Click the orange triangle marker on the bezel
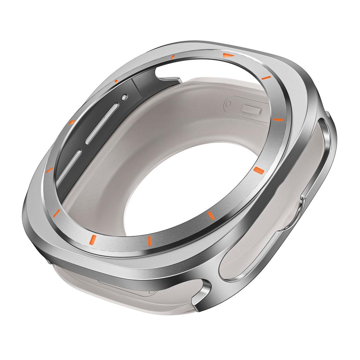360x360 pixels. pos(227,55)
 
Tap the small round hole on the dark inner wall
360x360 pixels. pos(124,97)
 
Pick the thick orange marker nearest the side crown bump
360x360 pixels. pos(259,171)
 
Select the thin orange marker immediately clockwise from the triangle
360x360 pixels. pos(266,78)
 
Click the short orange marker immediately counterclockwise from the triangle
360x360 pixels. pos(172,57)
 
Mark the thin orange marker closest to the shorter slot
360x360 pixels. pos(49,170)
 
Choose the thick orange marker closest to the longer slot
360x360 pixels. pos(71,122)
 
